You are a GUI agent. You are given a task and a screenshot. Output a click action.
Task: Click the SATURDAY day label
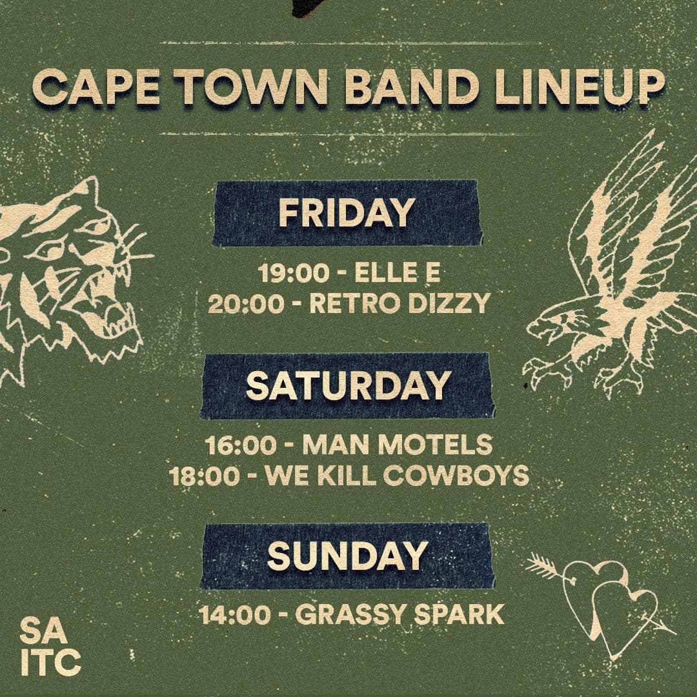348,385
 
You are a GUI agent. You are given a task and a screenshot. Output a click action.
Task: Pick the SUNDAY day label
347,556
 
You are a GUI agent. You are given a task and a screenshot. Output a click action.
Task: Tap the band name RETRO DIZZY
399,302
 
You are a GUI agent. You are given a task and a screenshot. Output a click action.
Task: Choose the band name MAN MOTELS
397,445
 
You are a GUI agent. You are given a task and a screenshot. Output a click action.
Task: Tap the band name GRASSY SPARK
399,614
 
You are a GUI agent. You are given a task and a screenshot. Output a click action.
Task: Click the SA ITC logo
50,645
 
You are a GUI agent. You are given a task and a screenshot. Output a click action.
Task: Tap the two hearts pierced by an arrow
607,597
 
